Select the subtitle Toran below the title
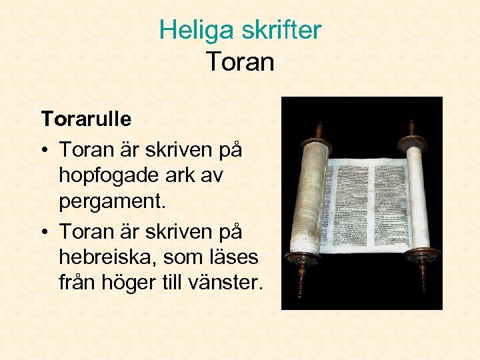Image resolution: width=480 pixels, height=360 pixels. coord(240,62)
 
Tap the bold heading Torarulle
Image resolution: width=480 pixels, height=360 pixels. coord(86,119)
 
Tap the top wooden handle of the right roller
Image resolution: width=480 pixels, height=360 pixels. coord(411,127)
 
